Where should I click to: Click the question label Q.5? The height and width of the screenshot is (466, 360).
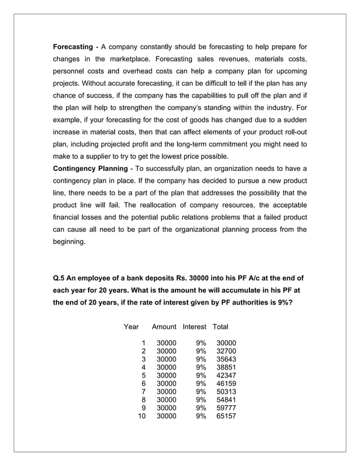pyautogui.click(x=60, y=278)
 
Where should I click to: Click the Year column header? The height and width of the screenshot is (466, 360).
pyautogui.click(x=131, y=327)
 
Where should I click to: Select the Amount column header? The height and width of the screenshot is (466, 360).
pyautogui.click(x=164, y=327)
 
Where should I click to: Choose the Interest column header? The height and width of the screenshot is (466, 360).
pyautogui.click(x=194, y=327)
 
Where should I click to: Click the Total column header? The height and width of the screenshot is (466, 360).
pyautogui.click(x=220, y=327)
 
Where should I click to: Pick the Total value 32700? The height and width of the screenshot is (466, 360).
pyautogui.click(x=226, y=351)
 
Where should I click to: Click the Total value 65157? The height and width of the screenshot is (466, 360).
pyautogui.click(x=226, y=416)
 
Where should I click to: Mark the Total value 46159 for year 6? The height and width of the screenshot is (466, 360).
pyautogui.click(x=226, y=384)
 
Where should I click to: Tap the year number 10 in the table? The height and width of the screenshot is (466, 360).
pyautogui.click(x=142, y=416)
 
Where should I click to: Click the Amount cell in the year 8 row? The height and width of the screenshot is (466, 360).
pyautogui.click(x=166, y=400)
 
